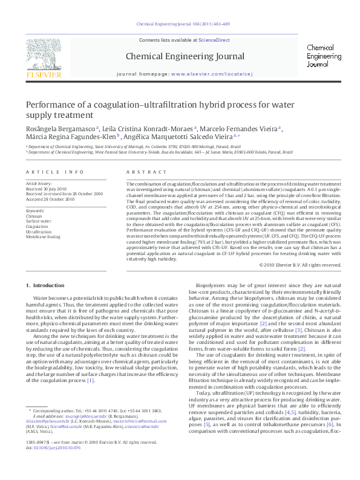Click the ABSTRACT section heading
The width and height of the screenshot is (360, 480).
pyautogui.click(x=140, y=172)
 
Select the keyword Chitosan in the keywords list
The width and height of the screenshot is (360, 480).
pyautogui.click(x=34, y=215)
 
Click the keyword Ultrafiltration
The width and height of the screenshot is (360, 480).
pyautogui.click(x=39, y=232)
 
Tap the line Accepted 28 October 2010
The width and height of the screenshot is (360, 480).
pyautogui.click(x=50, y=199)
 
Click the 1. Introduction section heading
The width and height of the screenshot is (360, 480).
pyautogui.click(x=46, y=285)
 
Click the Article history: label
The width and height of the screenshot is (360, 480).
pyautogui.click(x=39, y=183)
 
